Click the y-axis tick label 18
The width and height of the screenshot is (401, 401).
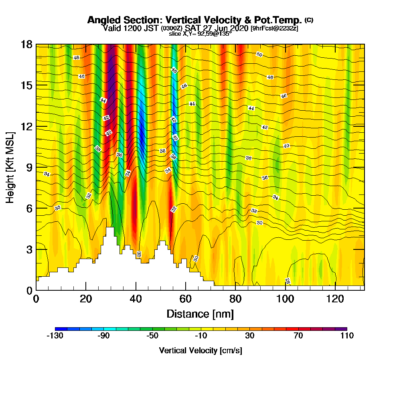click(x=26, y=45)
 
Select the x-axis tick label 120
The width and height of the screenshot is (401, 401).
click(x=335, y=299)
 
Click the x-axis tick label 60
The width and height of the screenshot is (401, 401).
click(x=185, y=299)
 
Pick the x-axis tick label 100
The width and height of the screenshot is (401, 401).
click(x=285, y=299)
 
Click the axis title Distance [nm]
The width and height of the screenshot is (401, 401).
click(x=200, y=314)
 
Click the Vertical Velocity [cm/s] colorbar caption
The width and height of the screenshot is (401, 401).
click(x=200, y=350)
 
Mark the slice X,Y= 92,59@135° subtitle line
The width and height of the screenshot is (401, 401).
click(x=200, y=34)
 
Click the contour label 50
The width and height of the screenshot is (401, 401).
click(x=259, y=55)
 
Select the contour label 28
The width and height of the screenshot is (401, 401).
click(x=288, y=281)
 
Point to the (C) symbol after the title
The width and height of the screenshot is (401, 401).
click(x=309, y=20)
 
